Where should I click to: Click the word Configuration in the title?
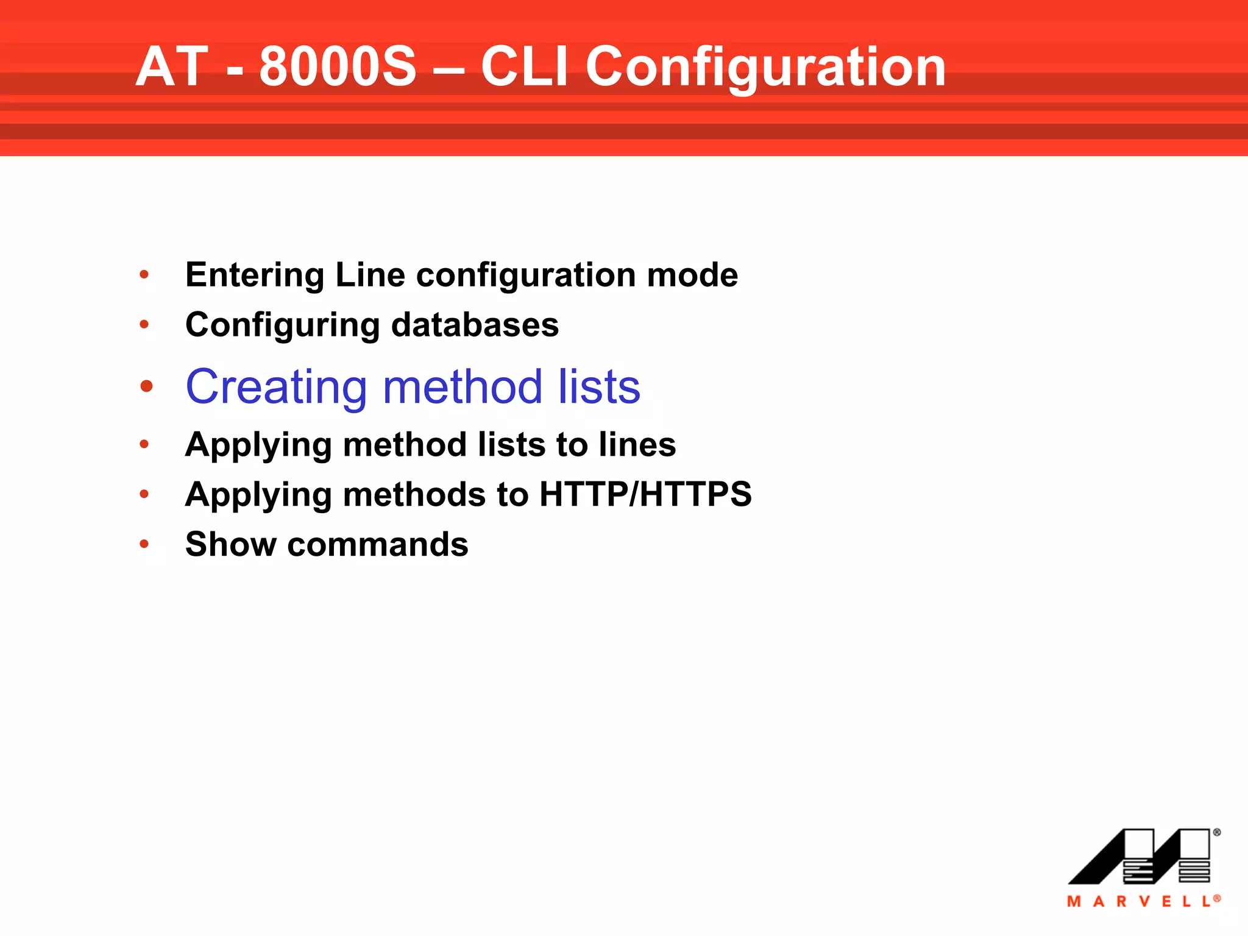(x=765, y=67)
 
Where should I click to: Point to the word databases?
(x=475, y=325)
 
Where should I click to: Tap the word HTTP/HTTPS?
(x=645, y=494)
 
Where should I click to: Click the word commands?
(x=378, y=544)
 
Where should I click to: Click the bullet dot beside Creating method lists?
(x=146, y=386)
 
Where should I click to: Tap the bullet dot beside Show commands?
(x=144, y=544)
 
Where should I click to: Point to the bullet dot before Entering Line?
(x=144, y=275)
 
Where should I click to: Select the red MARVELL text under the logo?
(x=1142, y=901)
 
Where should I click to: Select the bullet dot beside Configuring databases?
(x=144, y=325)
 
